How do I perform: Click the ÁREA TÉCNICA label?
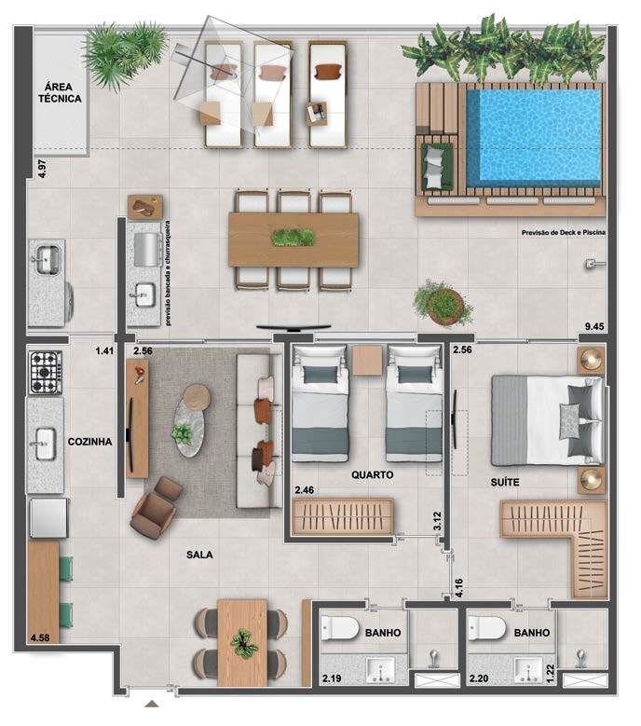[x=60, y=92]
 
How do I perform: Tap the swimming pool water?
[x=534, y=136]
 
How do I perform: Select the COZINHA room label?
[x=89, y=442]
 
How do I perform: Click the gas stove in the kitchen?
[x=46, y=372]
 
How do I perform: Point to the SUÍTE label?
[x=504, y=482]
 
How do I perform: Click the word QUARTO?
[x=372, y=474]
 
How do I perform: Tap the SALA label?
[x=199, y=555]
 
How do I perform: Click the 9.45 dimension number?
[x=594, y=326]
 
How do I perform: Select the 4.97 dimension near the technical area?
[x=42, y=169]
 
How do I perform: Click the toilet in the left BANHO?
[x=340, y=628]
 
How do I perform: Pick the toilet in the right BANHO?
[x=486, y=628]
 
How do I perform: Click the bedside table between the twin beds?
[x=367, y=361]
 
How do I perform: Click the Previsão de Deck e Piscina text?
[x=564, y=232]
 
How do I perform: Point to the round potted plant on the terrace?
[x=443, y=303]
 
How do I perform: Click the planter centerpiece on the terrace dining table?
[x=293, y=238]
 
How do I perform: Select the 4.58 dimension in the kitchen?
[x=40, y=637]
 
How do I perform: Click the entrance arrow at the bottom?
[x=151, y=705]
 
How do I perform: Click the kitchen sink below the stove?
[x=46, y=444]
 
